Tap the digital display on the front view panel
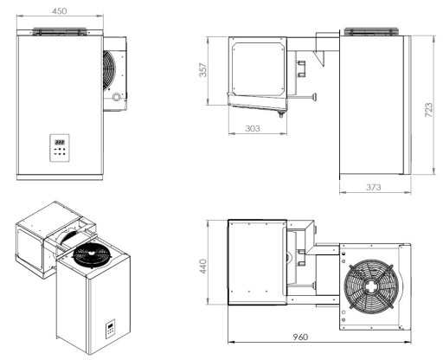pyautogui.click(x=61, y=141)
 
